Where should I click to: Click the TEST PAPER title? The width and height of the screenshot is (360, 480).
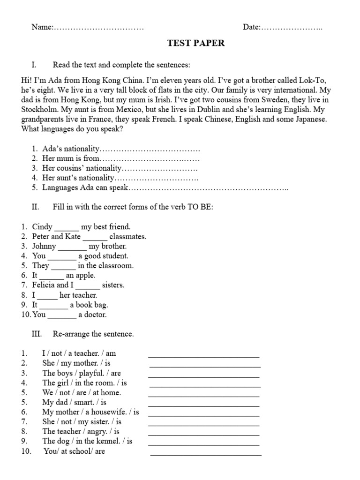point(196,43)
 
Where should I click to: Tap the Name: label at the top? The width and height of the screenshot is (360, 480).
point(43,27)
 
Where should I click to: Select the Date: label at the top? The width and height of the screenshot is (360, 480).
point(252,27)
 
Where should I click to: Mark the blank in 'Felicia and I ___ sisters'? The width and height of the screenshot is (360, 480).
point(88,285)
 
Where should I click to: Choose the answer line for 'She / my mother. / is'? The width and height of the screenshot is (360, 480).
point(204,366)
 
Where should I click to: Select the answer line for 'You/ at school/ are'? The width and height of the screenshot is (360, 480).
point(206,454)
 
